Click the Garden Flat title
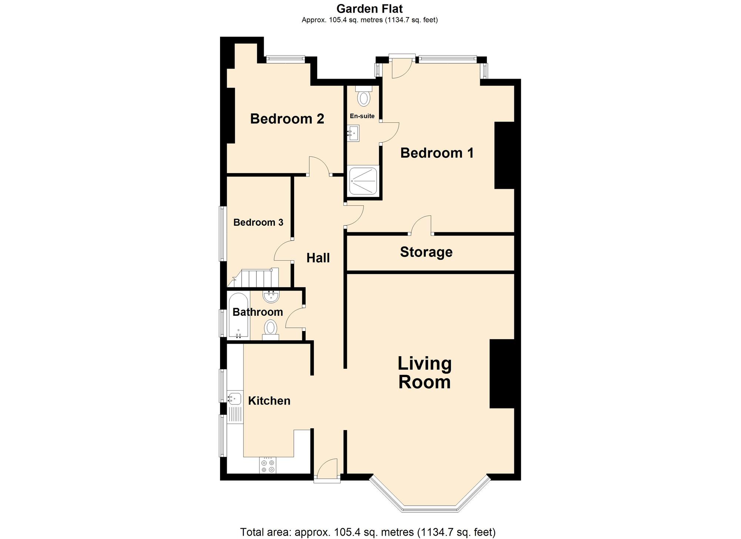(x=369, y=9)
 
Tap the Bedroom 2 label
(x=287, y=119)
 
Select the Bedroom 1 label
(x=437, y=153)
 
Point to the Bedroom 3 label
(x=258, y=222)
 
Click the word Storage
(x=426, y=252)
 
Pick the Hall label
(x=318, y=258)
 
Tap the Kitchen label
(x=269, y=401)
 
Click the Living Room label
(x=425, y=373)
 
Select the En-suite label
(x=362, y=116)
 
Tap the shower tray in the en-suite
(x=363, y=181)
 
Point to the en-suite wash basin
(x=354, y=133)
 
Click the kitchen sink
(x=235, y=399)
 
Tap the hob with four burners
(x=268, y=466)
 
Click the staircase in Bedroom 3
(x=256, y=278)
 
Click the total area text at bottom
(x=368, y=532)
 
